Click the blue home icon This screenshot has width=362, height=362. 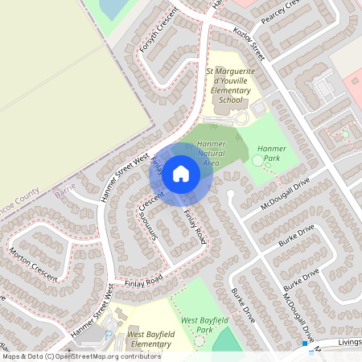click(x=181, y=172)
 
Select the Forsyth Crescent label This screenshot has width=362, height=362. click(x=158, y=39)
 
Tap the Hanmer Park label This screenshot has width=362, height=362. click(x=272, y=149)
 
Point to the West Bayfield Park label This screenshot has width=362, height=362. click(x=202, y=324)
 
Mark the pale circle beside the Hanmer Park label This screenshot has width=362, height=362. click(x=257, y=160)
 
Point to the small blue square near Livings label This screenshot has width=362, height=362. click(x=306, y=344)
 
